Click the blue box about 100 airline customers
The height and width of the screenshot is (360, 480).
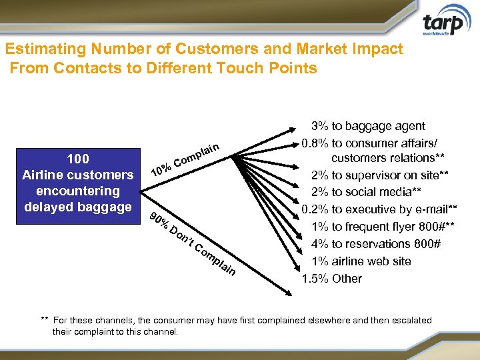78,183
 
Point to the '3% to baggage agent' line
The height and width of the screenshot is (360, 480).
369,126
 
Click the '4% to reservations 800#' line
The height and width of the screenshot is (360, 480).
376,244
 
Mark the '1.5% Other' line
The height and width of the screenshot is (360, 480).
332,279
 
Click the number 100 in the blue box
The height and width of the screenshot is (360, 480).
78,159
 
